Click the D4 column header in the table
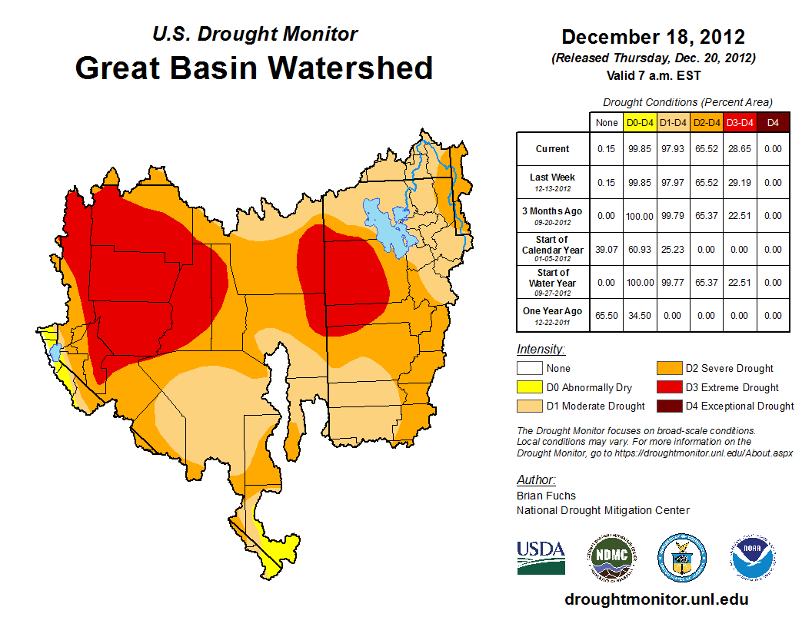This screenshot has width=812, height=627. pos(773,122)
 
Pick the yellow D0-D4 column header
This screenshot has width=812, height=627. pos(640,122)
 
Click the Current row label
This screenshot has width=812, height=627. pos(553,149)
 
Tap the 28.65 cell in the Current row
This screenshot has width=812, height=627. pos(740,149)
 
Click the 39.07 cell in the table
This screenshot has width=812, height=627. pos(606,250)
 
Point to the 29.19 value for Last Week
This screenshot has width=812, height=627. pos(740,183)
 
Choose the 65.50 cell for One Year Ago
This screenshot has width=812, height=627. pos(606,315)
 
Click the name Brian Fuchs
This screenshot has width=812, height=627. pos(546,496)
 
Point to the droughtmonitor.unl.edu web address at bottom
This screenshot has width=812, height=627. pos(656,599)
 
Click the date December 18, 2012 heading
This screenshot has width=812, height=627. pos(653,37)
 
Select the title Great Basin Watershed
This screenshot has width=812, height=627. pos(254,68)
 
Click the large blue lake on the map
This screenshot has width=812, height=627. pos(389,227)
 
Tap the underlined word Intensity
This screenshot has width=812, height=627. pos(541,350)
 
